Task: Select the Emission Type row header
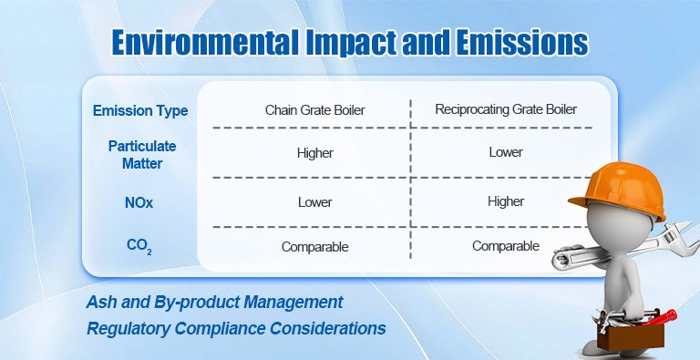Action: click(140, 111)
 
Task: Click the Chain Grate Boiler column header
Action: click(314, 110)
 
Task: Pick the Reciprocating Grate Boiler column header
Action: click(505, 110)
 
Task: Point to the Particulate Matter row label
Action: click(141, 153)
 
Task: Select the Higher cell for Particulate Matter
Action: click(314, 153)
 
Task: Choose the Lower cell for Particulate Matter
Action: click(505, 152)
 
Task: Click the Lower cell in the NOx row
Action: click(314, 201)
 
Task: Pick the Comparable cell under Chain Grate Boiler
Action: click(314, 246)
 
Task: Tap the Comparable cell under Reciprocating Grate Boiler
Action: click(505, 245)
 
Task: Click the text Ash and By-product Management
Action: click(215, 301)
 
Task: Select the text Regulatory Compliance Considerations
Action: click(236, 327)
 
